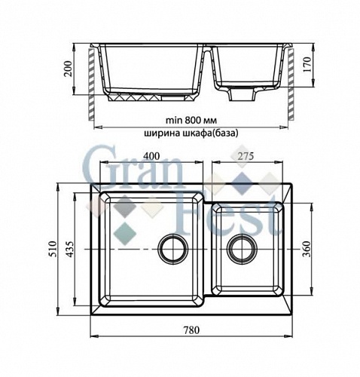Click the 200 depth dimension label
pos(69,69)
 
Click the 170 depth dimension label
pos(307,64)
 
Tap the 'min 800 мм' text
pos(191,121)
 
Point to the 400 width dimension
pos(151,156)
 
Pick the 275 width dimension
pos(246,156)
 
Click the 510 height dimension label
pos(53,249)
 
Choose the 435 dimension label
pos(71,249)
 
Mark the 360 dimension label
pos(307,249)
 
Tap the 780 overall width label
pos(191,329)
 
